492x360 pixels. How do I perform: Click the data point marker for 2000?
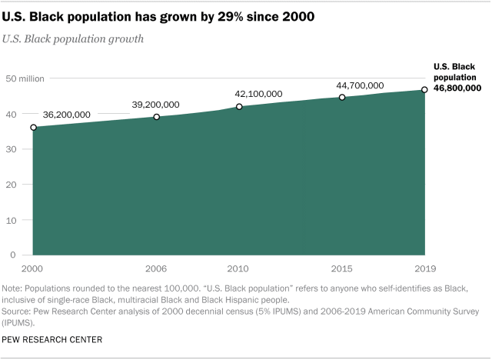tap(33, 127)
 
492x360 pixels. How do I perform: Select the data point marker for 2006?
tap(157, 117)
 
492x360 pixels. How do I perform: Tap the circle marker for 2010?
tap(239, 107)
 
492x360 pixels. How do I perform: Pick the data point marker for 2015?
tap(342, 98)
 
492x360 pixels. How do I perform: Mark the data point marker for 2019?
tap(424, 90)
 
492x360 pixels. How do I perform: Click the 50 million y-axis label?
tap(28, 78)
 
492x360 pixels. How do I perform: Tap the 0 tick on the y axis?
tap(14, 255)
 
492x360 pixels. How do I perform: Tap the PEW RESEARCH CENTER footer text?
tap(52, 338)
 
